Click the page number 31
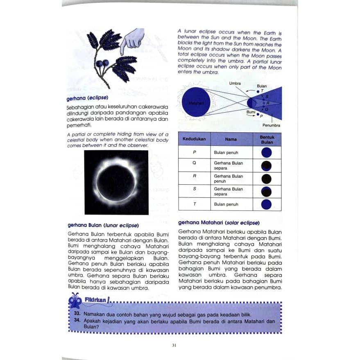[174, 345]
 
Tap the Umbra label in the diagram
[235, 83]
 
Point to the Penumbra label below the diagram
[272, 125]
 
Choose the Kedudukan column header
[194, 139]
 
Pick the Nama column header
[231, 139]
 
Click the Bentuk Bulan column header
[267, 139]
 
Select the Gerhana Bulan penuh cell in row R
[229, 179]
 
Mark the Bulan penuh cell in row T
[226, 204]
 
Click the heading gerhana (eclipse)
[87, 98]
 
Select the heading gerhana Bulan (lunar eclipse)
[102, 225]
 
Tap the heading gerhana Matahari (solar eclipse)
[219, 223]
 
